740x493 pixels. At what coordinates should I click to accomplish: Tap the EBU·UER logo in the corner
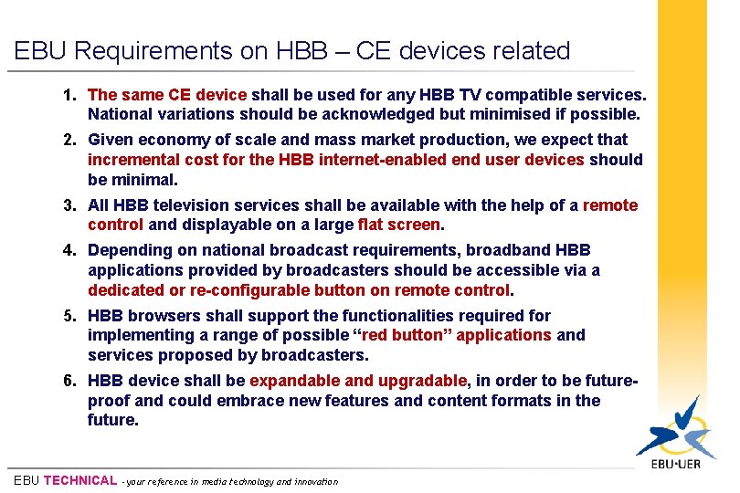click(x=675, y=439)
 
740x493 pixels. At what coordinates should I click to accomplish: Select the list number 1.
click(x=69, y=95)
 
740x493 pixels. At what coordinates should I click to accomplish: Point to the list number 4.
click(x=69, y=250)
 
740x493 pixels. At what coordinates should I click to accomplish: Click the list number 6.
click(x=69, y=381)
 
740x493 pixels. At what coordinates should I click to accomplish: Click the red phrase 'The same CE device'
click(x=167, y=95)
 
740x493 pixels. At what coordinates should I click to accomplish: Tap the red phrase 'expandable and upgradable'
click(x=358, y=381)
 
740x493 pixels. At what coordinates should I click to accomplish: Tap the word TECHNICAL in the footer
click(x=80, y=480)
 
